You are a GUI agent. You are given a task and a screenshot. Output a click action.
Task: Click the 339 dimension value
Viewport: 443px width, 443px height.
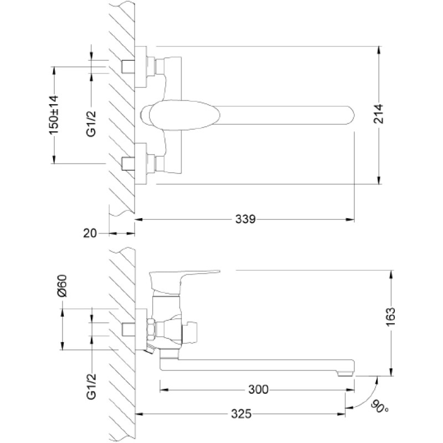(245, 219)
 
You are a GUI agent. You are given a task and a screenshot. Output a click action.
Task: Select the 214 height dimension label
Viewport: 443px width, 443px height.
(378, 114)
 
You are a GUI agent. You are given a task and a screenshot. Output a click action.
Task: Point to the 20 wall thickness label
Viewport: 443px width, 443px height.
(90, 233)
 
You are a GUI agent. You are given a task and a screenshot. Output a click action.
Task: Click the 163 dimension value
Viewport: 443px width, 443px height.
(391, 316)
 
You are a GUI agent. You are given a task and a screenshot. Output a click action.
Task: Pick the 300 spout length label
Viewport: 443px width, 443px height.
(258, 390)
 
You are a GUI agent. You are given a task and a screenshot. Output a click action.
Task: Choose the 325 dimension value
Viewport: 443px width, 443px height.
(241, 414)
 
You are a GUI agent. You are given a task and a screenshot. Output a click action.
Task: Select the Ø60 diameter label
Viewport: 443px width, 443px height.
(62, 286)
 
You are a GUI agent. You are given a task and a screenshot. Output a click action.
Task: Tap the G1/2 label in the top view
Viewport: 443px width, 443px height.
(91, 124)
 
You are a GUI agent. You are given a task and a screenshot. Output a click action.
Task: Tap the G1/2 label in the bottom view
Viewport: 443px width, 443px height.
(91, 386)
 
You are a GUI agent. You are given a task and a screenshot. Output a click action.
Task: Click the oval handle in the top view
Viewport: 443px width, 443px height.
(184, 115)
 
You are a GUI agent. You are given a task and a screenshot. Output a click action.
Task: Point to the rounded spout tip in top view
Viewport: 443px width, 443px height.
(350, 115)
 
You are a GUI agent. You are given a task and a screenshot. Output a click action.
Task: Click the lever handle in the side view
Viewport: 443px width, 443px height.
(184, 280)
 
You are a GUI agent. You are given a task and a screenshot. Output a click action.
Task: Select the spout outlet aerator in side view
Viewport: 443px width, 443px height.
(345, 374)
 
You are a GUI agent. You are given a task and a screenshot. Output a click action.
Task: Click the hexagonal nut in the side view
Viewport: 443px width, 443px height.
(151, 329)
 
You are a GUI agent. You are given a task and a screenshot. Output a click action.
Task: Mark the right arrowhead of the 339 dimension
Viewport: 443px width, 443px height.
(351, 219)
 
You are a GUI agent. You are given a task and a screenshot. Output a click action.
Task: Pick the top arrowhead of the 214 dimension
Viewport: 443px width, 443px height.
(379, 51)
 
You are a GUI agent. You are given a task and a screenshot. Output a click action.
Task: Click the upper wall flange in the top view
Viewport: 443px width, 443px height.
(141, 66)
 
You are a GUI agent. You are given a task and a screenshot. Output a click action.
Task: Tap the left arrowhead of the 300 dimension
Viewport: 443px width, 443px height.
(164, 390)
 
